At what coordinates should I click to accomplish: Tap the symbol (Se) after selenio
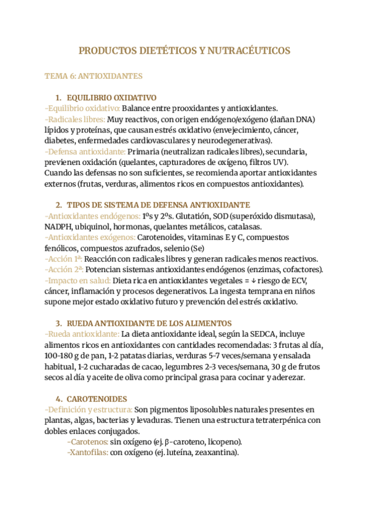point(215,248)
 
